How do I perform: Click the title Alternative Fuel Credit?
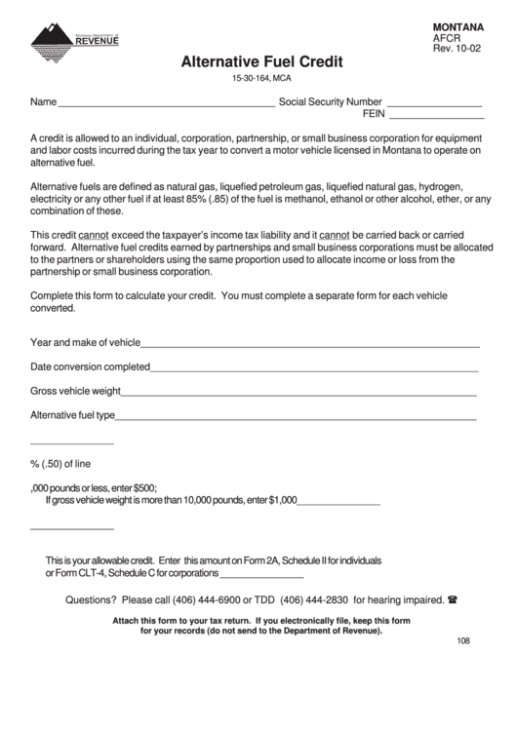tap(261, 60)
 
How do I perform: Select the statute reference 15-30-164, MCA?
tap(261, 79)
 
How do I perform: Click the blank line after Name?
tap(167, 103)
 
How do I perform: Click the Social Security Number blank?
tap(434, 103)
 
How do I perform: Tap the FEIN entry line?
tap(435, 116)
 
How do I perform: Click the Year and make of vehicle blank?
tap(310, 345)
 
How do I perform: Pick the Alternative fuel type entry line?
tap(296, 417)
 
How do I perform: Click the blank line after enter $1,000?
tap(338, 503)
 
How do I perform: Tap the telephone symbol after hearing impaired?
tap(453, 599)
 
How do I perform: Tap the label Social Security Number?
tap(330, 101)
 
